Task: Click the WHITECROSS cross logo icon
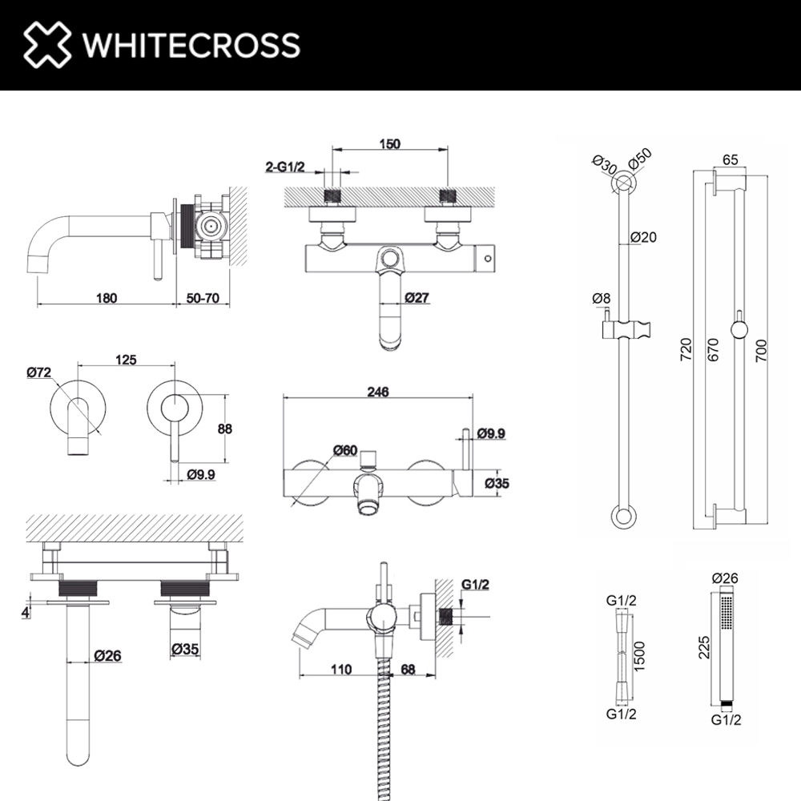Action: [x=47, y=44]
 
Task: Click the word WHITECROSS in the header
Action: [x=191, y=45]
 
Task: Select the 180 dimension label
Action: [x=107, y=298]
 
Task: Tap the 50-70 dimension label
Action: [x=203, y=298]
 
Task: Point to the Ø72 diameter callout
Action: [x=38, y=372]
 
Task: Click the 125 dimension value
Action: [x=126, y=360]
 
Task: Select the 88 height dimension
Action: [x=225, y=429]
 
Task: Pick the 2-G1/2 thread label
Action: [x=285, y=167]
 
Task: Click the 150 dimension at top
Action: [x=390, y=144]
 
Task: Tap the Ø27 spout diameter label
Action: [x=417, y=297]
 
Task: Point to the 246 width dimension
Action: [x=378, y=392]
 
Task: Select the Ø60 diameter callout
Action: [x=345, y=450]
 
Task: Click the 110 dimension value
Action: [x=341, y=669]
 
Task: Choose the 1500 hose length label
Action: [x=639, y=657]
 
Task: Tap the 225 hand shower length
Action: [x=704, y=647]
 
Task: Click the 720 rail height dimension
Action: [x=686, y=349]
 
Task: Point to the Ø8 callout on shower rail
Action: [x=602, y=298]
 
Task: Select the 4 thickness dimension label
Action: [x=26, y=612]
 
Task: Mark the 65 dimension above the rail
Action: [x=731, y=160]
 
